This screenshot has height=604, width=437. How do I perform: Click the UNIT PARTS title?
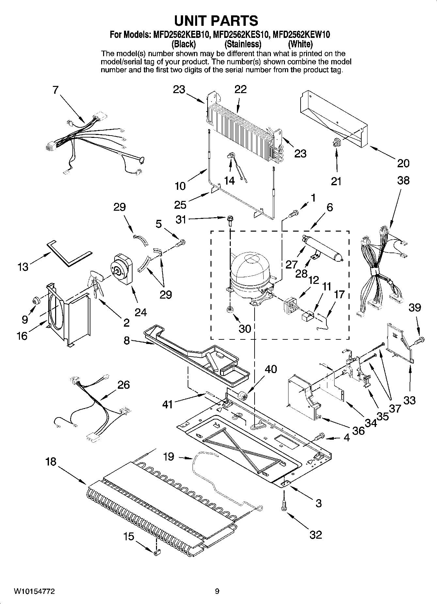(216, 21)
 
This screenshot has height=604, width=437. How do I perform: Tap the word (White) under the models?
(300, 44)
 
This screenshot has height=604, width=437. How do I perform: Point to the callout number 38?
(403, 180)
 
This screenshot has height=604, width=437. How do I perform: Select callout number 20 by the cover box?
(403, 163)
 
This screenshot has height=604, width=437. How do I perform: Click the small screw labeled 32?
(284, 507)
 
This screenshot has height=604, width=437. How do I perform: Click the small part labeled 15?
(156, 552)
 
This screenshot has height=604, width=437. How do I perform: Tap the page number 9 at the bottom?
(217, 591)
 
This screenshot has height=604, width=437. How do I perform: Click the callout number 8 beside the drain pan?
(127, 341)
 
